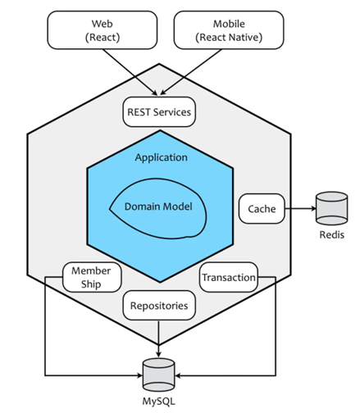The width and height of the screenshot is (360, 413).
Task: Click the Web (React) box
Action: pos(103,30)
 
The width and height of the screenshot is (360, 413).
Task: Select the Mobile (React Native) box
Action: pos(229,30)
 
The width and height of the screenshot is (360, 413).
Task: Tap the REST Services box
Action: pos(159,111)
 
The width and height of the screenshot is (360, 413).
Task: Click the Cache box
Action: pos(262,209)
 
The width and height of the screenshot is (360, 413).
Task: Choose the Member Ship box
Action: pos(92,277)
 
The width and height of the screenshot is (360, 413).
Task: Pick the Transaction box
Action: pos(229,277)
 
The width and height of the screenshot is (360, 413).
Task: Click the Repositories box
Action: pos(159,305)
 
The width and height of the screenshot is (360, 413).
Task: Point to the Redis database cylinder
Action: pos(331,208)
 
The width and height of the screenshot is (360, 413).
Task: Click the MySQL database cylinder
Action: pos(158,374)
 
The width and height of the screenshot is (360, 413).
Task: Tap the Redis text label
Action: pos(331,234)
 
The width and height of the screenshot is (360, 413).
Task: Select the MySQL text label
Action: pos(158,402)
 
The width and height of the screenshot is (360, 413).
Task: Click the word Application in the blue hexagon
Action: pos(162,157)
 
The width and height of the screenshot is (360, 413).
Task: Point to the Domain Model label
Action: pos(158,206)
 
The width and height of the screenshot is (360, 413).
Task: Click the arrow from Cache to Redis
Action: pos(300,209)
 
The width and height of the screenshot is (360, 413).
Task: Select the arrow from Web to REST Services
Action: pos(130,72)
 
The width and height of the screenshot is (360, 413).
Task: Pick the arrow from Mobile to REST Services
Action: pos(191,72)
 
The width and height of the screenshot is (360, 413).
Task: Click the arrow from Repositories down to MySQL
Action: pos(158,338)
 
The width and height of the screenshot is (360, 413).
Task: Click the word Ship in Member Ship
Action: pos(91,284)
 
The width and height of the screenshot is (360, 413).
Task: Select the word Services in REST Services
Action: pos(172,112)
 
